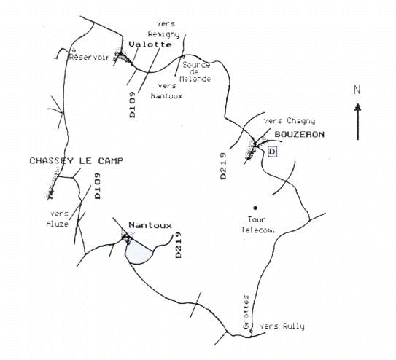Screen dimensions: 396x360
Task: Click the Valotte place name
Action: click(150, 44)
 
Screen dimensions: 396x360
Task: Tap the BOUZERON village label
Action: click(300, 135)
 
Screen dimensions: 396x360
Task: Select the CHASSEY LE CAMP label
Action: click(77, 161)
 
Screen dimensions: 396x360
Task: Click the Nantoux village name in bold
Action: click(150, 225)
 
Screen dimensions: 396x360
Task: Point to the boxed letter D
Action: click(272, 152)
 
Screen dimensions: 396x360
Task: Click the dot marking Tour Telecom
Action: click(255, 208)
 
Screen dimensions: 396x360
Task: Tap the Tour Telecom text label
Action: click(257, 224)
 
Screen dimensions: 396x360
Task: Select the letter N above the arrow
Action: click(357, 90)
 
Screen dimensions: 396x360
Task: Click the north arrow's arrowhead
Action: click(357, 107)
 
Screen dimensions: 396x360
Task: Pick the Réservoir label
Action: click(90, 57)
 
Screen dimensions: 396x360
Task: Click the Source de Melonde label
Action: click(195, 72)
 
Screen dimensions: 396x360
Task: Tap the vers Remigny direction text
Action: click(164, 29)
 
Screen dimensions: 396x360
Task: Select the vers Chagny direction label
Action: click(290, 121)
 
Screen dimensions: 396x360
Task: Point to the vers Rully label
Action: click(282, 326)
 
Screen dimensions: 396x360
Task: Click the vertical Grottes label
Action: click(246, 312)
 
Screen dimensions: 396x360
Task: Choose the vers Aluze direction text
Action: click(58, 219)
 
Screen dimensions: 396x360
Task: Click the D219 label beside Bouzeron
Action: click(223, 166)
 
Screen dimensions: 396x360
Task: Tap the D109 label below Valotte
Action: click(132, 105)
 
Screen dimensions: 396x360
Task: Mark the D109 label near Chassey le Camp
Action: click(97, 186)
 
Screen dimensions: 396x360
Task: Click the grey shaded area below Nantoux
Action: click(139, 251)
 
